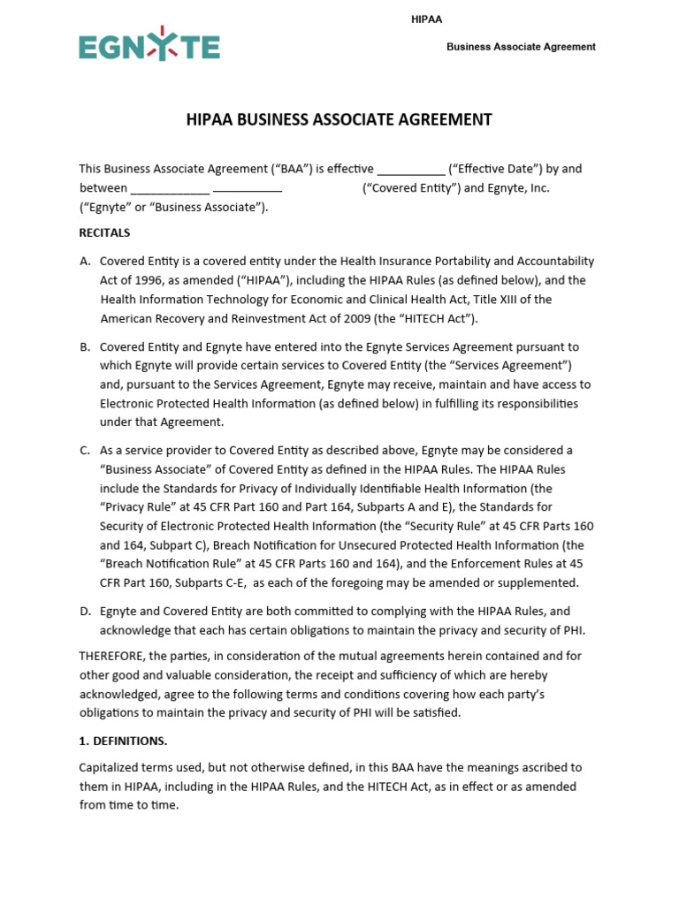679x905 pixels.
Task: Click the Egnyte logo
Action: (x=149, y=46)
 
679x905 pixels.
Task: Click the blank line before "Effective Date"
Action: (x=411, y=169)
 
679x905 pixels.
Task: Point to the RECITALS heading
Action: (x=104, y=233)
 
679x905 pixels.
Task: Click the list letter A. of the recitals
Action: (x=85, y=262)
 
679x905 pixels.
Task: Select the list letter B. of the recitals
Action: (x=85, y=347)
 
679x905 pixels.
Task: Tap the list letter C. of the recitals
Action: (x=85, y=451)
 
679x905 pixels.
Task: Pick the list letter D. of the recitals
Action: (x=85, y=612)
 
